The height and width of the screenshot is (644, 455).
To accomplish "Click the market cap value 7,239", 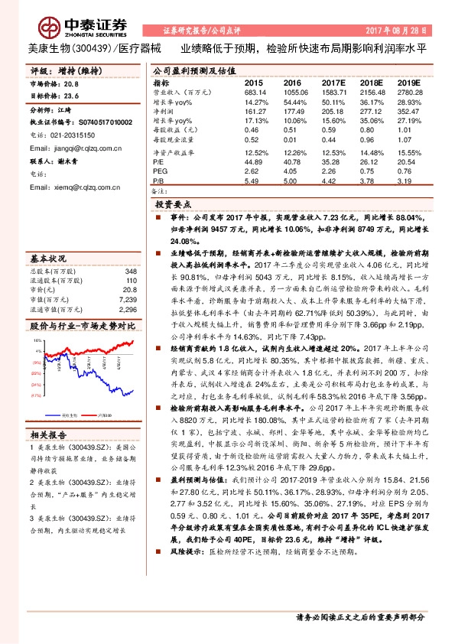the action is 128,301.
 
